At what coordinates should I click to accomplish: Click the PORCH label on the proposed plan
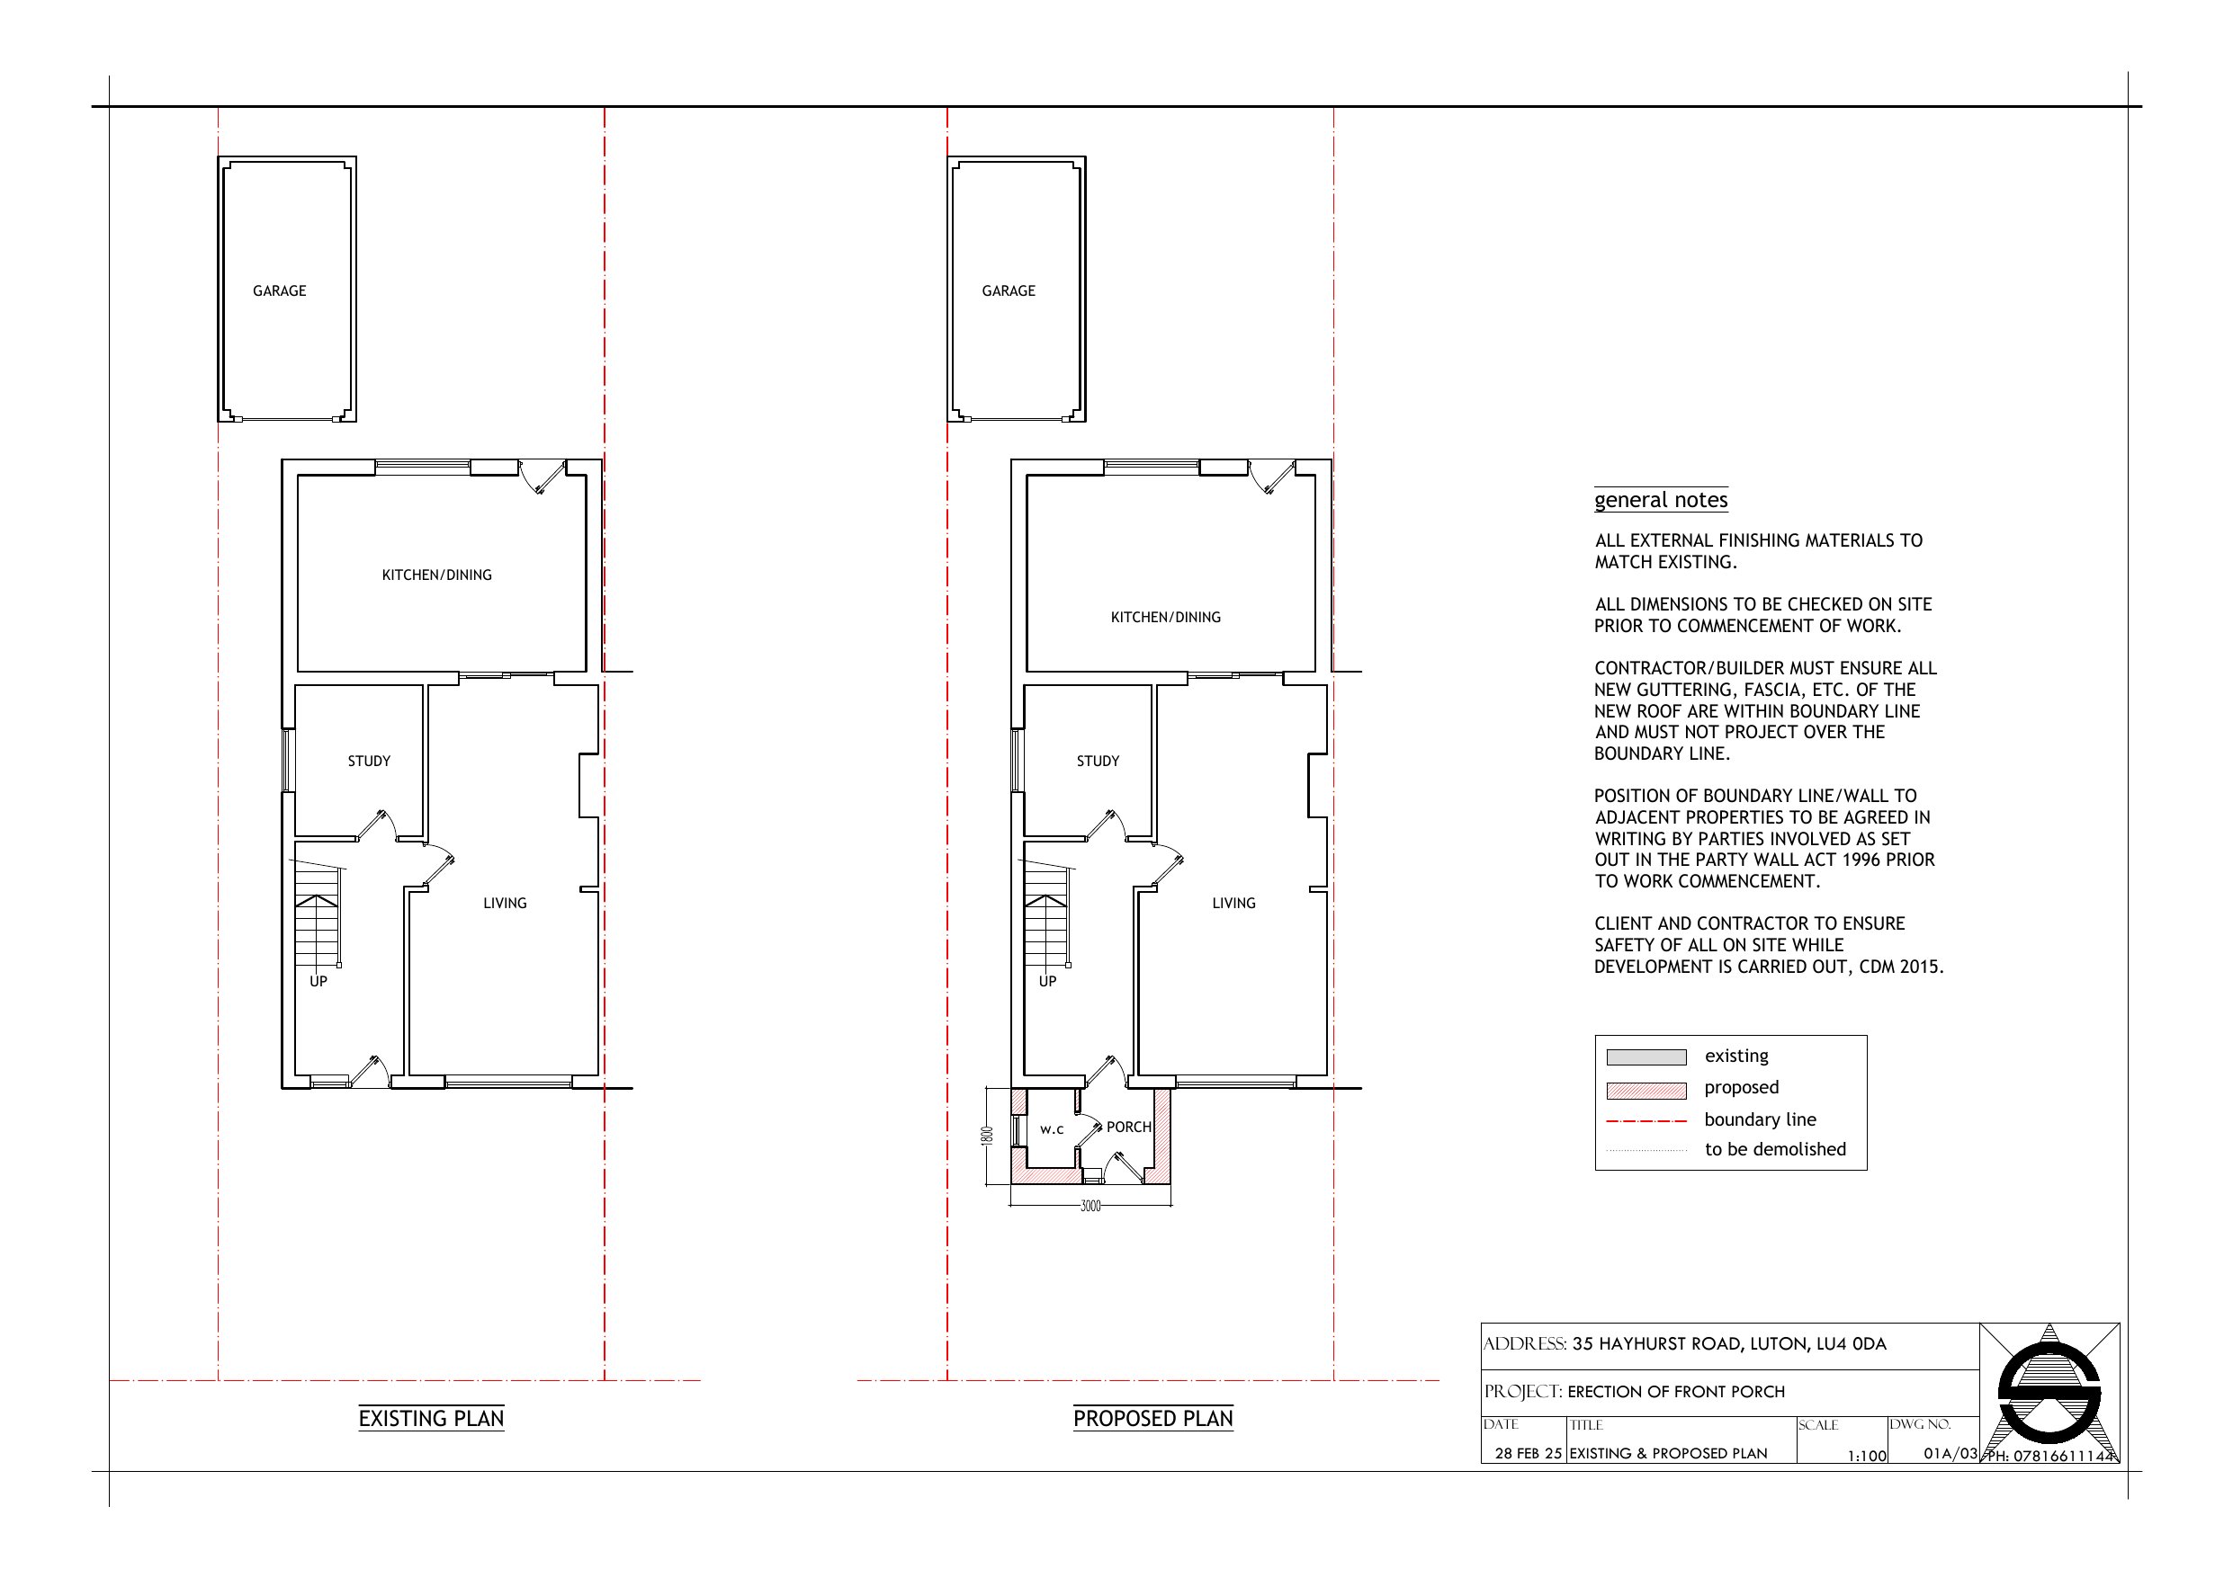click(x=1128, y=1127)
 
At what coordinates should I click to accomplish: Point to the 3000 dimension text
click(x=1090, y=1207)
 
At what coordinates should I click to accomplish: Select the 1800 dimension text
click(x=987, y=1136)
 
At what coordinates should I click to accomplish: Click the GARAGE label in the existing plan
click(x=279, y=290)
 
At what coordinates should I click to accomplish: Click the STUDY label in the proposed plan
click(x=1098, y=762)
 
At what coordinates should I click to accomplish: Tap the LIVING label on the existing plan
click(x=505, y=904)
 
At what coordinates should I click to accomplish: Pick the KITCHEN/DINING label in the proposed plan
click(x=1165, y=618)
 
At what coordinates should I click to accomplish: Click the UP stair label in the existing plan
click(x=318, y=981)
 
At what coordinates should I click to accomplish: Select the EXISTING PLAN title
click(x=431, y=1419)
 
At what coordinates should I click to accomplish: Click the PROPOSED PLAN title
click(x=1152, y=1419)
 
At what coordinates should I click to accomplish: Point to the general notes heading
click(x=1661, y=500)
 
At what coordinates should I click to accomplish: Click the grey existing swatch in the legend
click(x=1646, y=1057)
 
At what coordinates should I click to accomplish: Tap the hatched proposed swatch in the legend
click(x=1646, y=1091)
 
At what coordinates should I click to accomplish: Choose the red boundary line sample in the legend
click(x=1646, y=1122)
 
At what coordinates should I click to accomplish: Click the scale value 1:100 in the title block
click(x=1868, y=1457)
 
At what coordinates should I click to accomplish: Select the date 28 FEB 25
click(x=1528, y=1454)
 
